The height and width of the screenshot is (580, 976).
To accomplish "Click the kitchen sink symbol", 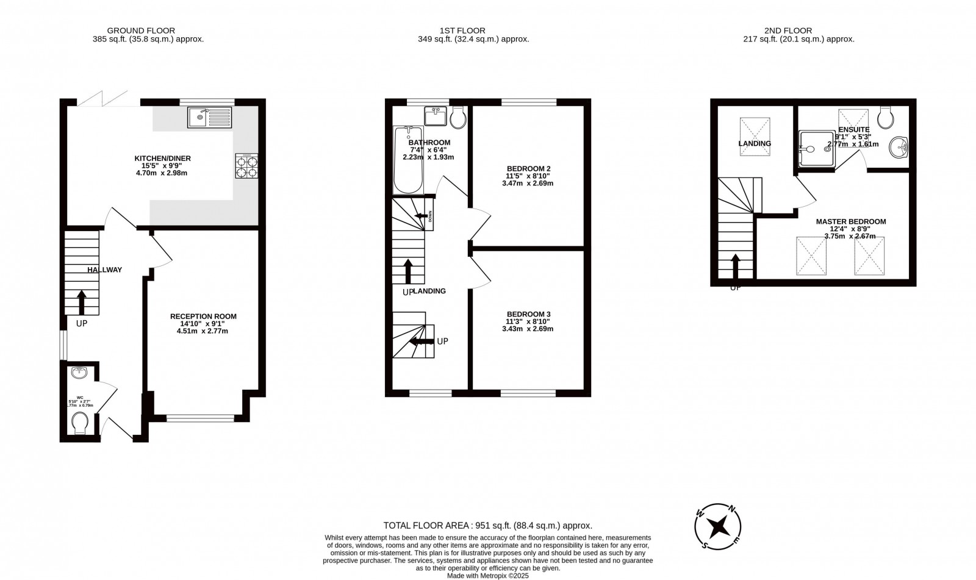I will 210,117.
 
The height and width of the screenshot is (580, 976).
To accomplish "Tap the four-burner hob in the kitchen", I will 246,166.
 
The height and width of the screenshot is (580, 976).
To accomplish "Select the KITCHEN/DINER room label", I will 162,159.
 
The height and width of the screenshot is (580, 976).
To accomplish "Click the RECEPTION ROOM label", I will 203,317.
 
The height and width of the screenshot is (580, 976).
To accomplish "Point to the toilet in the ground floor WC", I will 80,422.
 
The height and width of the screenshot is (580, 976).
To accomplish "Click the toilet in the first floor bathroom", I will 457,117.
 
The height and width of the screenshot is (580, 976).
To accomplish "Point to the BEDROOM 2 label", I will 528,169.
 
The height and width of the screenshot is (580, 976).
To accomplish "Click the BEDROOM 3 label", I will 528,315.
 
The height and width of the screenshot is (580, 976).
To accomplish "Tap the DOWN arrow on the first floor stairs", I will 421,216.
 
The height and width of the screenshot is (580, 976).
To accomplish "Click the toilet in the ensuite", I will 885,118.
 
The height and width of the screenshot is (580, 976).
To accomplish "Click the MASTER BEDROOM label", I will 850,222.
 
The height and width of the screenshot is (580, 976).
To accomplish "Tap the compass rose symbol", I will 719,526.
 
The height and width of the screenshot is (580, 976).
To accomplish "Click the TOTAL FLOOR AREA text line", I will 487,525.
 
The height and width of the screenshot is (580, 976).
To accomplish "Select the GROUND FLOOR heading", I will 141,30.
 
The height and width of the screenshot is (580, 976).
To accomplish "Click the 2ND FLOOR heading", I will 788,30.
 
